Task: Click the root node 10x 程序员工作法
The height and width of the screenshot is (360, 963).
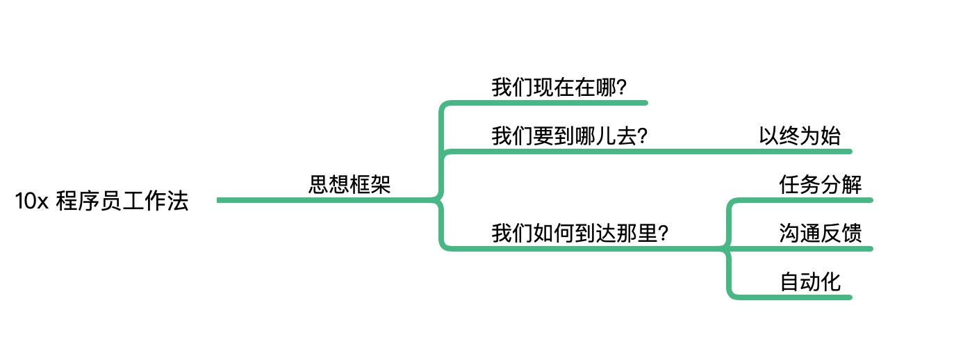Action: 101,202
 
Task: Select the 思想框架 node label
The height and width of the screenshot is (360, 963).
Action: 349,185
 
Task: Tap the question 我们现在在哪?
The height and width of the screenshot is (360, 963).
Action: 559,88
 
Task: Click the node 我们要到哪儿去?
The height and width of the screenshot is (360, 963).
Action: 570,136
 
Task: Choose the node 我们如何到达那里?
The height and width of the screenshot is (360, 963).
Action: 580,233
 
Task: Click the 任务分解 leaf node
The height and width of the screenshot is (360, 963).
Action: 821,185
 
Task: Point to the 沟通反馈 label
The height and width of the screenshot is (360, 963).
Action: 821,233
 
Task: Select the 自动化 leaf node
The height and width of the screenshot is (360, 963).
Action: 810,281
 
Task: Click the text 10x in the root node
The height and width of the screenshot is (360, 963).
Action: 31,202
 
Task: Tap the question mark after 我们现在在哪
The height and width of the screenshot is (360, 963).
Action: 622,89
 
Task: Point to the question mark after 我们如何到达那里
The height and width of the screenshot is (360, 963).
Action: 663,234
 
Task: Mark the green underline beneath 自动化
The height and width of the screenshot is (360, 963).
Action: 799,297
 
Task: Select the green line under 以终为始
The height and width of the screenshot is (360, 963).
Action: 799,151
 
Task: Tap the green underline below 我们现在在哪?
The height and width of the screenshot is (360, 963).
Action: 556,103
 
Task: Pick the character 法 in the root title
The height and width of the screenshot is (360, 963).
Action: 179,202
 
